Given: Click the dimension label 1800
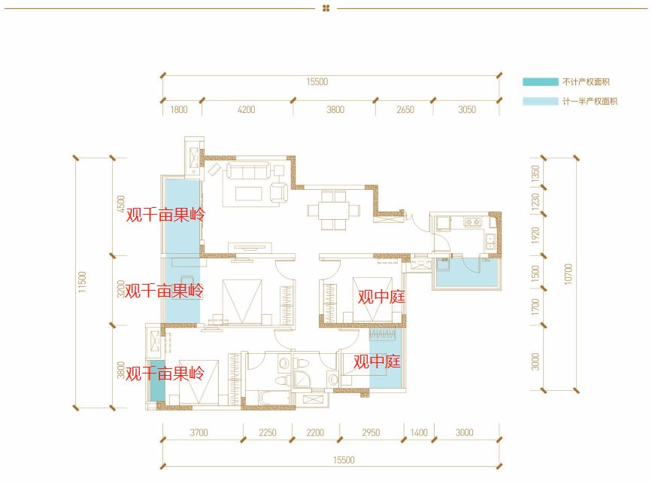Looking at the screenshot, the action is pos(179,109).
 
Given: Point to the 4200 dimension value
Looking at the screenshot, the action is pos(246,109).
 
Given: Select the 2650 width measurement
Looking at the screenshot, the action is pos(405,109).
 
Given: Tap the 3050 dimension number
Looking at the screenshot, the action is pos(467,109).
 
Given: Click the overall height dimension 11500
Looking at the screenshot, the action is pos(82,282).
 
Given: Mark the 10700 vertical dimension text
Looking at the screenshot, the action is pos(568,274).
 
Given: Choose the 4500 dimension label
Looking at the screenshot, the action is pos(120,204).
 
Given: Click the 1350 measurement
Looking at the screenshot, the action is pos(535,173).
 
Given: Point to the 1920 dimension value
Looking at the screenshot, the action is pos(535,236).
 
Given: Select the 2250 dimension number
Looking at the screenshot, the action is pos(268,432).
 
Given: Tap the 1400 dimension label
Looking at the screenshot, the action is pos(419,432).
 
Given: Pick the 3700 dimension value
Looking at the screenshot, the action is pos(199,432).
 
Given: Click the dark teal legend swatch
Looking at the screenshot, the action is pos(540,81).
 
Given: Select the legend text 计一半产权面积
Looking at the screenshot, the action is pos(590,101).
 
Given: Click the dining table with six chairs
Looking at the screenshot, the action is pos(333,210).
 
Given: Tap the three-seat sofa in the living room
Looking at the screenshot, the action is pos(248,171).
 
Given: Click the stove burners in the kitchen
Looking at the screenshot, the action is pos(472,222).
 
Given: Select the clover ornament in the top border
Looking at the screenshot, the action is pos(326,8).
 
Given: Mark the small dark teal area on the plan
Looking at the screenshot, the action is pos(157,380).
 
